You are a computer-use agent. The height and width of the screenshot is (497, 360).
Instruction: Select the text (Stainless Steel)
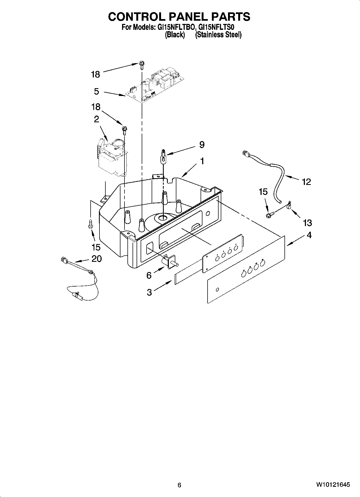pyautogui.click(x=218, y=35)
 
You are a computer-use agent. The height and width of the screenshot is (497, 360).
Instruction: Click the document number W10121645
pyautogui.click(x=333, y=485)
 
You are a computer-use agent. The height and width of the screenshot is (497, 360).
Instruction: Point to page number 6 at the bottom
pyautogui.click(x=179, y=485)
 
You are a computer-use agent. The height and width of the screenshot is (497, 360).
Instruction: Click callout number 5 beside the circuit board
pyautogui.click(x=97, y=91)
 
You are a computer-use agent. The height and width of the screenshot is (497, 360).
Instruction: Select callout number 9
pyautogui.click(x=202, y=145)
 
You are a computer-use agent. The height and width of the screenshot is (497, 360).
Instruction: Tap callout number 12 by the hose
pyautogui.click(x=306, y=182)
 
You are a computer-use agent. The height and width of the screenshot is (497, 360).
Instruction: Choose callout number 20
pyautogui.click(x=97, y=259)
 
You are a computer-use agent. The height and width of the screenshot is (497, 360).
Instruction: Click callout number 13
pyautogui.click(x=307, y=223)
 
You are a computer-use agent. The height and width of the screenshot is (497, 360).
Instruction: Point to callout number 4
pyautogui.click(x=309, y=235)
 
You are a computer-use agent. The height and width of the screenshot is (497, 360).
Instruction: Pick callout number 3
pyautogui.click(x=149, y=292)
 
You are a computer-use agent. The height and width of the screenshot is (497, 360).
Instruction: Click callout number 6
pyautogui.click(x=149, y=275)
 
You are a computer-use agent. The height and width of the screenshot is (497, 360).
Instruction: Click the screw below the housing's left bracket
pyautogui.click(x=91, y=224)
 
